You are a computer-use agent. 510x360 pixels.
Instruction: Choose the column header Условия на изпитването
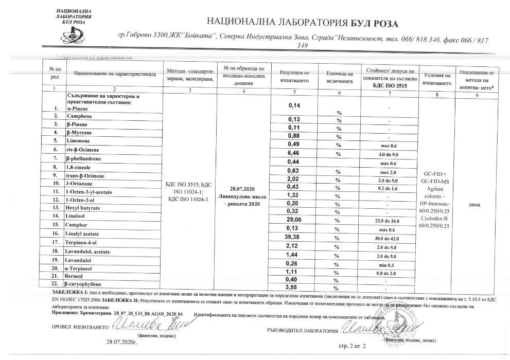pyautogui.click(x=436, y=78)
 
